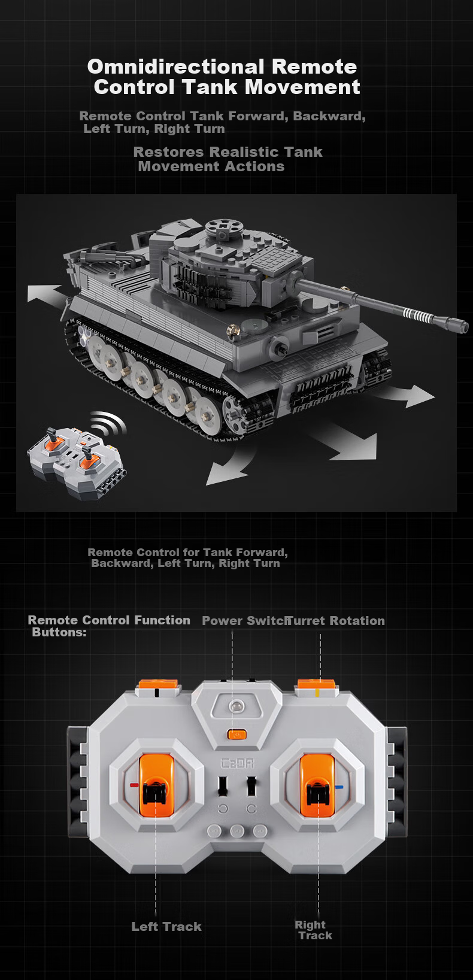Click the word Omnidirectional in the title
pos(175,67)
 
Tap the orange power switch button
pos(236,735)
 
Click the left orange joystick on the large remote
pos(156,786)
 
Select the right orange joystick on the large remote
pos(317,786)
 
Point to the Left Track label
pos(166,926)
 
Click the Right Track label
pos(313,930)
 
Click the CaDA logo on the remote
pos(236,764)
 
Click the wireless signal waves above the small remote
pos(108,421)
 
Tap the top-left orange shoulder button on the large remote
pos(158,685)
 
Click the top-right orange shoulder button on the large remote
pos(316,685)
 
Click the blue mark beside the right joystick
pos(339,787)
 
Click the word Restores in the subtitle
pos(168,152)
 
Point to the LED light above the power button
pos(236,706)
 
